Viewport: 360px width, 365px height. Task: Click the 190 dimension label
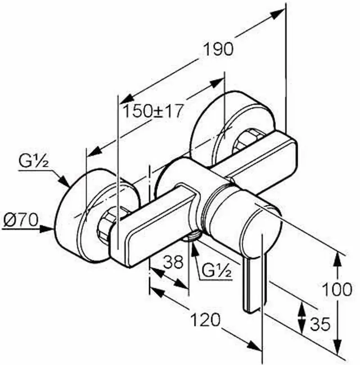pos(218,49)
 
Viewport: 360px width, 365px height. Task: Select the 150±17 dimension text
pos(153,111)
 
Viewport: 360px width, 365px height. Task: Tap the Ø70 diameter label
pos(21,220)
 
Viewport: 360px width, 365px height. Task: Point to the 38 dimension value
pos(173,262)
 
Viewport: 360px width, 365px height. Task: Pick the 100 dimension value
pos(337,290)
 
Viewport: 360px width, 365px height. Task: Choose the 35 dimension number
pos(320,324)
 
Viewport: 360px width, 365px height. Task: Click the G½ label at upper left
pos(34,161)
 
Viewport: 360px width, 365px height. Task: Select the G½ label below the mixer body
pos(216,271)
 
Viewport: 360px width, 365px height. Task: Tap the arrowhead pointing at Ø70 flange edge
pos(47,229)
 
